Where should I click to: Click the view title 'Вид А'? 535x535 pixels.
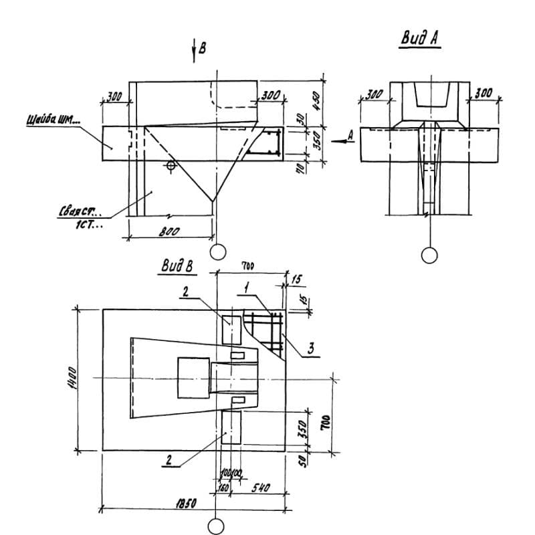[x=419, y=39]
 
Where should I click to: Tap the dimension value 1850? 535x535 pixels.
[x=186, y=504]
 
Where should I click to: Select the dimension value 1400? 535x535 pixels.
[x=76, y=379]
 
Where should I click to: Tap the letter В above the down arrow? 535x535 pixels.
[x=203, y=47]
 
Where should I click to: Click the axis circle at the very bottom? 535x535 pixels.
[x=215, y=526]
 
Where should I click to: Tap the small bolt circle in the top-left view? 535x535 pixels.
[x=172, y=165]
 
